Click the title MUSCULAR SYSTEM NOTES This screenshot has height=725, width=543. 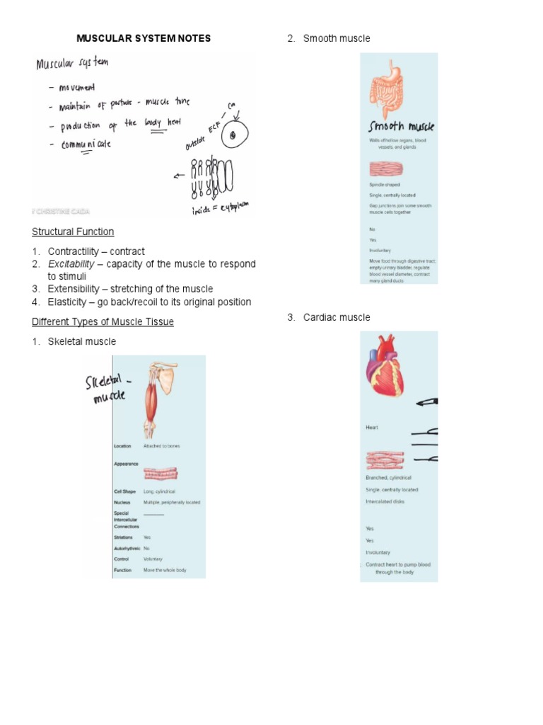coord(144,38)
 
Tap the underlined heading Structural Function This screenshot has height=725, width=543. coord(73,232)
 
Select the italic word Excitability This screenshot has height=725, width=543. coord(71,264)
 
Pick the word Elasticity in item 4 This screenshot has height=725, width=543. coord(69,302)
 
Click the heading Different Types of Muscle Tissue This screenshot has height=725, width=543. coord(103,321)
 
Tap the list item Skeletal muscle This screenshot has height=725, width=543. coord(81,341)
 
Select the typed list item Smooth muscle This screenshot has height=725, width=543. coord(336,38)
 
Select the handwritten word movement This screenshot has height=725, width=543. coord(82,87)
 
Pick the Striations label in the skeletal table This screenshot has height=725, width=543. coord(123,537)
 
